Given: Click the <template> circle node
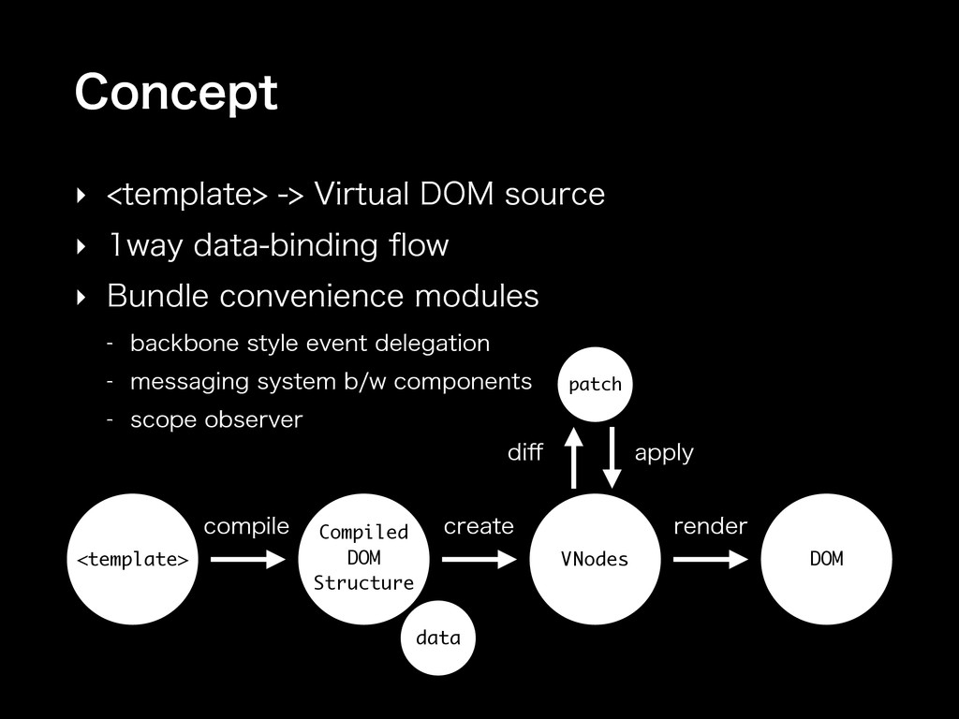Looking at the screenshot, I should point(132,559).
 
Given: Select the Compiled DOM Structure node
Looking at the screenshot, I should point(363,558).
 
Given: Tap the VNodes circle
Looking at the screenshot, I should point(595,559).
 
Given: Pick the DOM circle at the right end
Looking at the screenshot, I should point(826,559).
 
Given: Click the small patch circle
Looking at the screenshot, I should point(595,384).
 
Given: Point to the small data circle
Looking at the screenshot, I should point(437,638).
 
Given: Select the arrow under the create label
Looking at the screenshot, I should point(479,560).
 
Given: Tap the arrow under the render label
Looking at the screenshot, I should point(710,560).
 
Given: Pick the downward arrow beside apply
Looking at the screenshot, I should point(612,457).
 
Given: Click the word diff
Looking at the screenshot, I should point(524,453).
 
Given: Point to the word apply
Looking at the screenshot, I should point(664,454).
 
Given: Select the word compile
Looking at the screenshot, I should point(246,527).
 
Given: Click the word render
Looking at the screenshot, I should point(711,527).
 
